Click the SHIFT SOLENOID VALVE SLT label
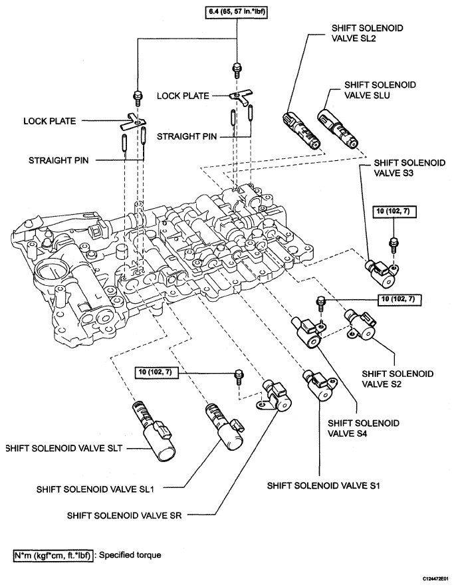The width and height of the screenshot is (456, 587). pyautogui.click(x=66, y=449)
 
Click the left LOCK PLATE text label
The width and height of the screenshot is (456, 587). pyautogui.click(x=49, y=121)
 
